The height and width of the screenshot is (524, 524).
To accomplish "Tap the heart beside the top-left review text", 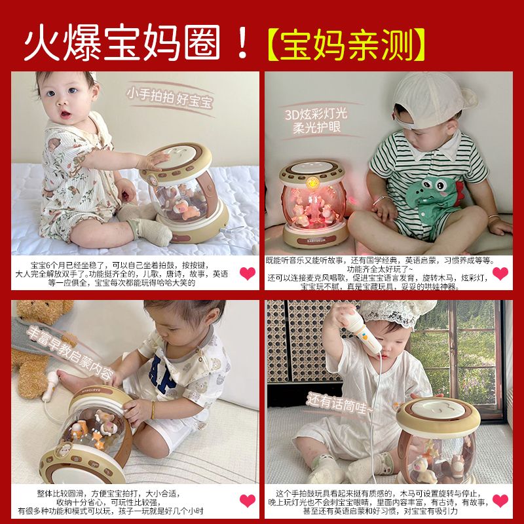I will [247, 273].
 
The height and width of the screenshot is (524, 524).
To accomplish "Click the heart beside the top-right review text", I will [500, 273].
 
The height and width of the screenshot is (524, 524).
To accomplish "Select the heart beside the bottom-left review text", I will [247, 501].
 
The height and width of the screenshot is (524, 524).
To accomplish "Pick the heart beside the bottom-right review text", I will [500, 501].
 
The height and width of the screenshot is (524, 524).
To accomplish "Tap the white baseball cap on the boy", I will [429, 98].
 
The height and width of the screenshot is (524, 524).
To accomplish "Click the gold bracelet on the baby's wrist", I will [152, 411].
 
